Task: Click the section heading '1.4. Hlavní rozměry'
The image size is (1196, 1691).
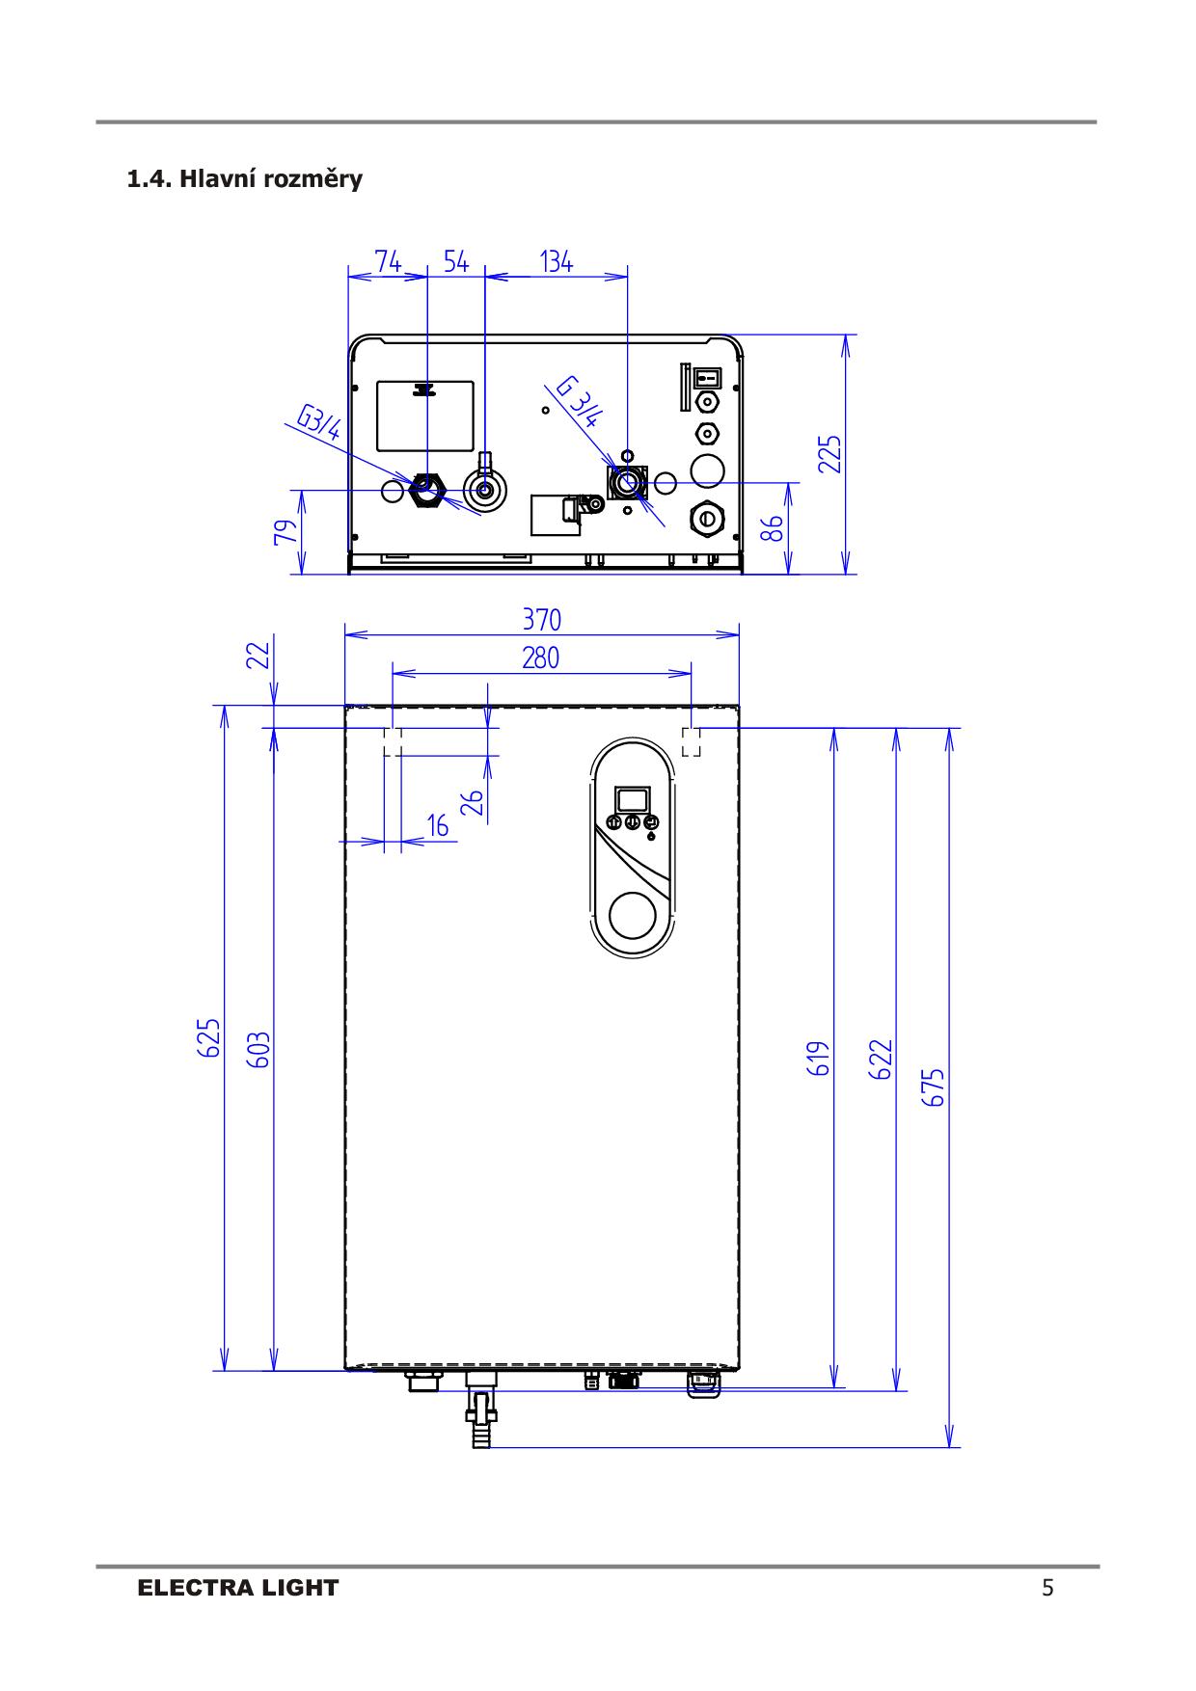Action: [245, 179]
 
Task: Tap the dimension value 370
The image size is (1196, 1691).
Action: [541, 619]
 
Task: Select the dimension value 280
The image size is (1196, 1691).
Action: [541, 658]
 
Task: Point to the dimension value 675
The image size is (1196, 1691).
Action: [933, 1087]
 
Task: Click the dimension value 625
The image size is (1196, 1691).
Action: [209, 1037]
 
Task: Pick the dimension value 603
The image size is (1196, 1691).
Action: [258, 1050]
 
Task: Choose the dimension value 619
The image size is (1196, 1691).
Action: [819, 1058]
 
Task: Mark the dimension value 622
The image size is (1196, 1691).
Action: [881, 1058]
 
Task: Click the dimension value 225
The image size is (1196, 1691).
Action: [829, 454]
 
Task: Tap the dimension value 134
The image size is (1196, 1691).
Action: [557, 261]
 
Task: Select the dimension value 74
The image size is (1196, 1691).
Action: [388, 261]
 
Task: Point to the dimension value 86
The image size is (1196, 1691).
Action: [772, 528]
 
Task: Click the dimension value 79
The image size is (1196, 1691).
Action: [285, 532]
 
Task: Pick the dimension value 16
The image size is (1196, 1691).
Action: [438, 826]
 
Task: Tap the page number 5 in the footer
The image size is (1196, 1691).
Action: [1048, 1588]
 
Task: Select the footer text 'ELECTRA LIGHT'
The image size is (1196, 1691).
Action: [238, 1588]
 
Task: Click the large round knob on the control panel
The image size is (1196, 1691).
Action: [634, 915]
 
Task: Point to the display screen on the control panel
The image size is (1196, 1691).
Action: [633, 799]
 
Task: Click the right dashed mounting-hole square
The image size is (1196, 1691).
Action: [692, 742]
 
